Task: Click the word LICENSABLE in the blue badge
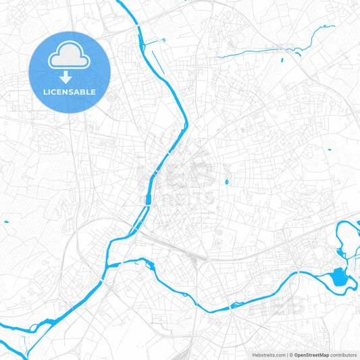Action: click(70, 91)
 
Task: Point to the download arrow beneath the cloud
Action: click(70, 76)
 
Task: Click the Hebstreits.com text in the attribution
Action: click(267, 355)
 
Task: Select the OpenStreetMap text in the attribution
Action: click(311, 355)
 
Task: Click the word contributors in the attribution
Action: click(343, 355)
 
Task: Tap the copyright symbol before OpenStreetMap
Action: click(291, 355)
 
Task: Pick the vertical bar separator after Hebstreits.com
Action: click(286, 355)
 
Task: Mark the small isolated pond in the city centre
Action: click(226, 181)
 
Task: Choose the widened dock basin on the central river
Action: click(147, 199)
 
